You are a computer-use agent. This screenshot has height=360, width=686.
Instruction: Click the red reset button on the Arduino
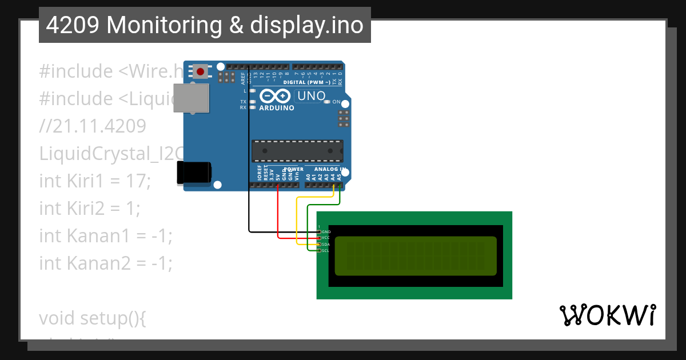pyautogui.click(x=201, y=71)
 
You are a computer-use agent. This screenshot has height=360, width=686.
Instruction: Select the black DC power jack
pyautogui.click(x=194, y=173)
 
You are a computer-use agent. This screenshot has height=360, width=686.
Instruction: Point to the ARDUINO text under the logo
pyautogui.click(x=277, y=107)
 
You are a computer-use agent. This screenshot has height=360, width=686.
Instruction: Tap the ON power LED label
pyautogui.click(x=337, y=102)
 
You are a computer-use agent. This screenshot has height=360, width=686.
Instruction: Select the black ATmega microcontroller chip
pyautogui.click(x=297, y=150)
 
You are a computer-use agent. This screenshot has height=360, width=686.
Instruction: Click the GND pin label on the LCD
pyautogui.click(x=326, y=232)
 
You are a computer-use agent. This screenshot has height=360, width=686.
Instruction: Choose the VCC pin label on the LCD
pyautogui.click(x=326, y=238)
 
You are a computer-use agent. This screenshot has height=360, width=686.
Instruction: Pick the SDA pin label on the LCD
pyautogui.click(x=326, y=245)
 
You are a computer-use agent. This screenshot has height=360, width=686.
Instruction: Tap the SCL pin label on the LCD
pyautogui.click(x=325, y=251)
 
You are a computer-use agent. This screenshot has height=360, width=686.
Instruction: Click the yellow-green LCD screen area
pyautogui.click(x=416, y=256)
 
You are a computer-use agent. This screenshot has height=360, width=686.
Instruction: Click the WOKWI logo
pyautogui.click(x=607, y=315)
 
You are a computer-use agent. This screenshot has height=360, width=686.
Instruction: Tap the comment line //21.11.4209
pyautogui.click(x=93, y=126)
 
